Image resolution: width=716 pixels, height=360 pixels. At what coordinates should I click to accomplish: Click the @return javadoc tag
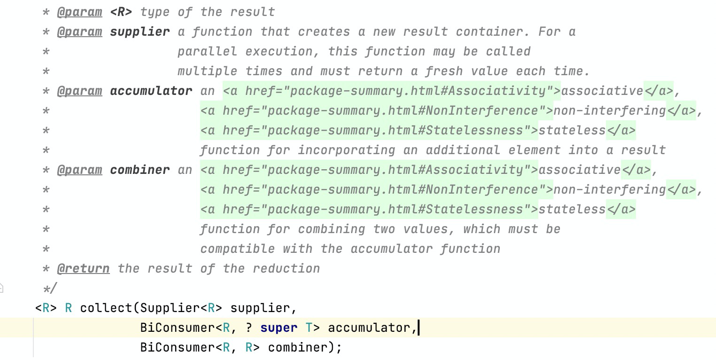coord(83,268)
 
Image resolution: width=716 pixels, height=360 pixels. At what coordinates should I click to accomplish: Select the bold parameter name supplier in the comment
coord(140,31)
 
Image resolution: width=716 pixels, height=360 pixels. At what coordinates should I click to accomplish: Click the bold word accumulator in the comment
coord(151,91)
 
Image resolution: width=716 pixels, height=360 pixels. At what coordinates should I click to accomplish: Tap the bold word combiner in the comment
coord(140,170)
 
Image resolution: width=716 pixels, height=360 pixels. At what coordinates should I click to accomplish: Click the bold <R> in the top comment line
coord(121,12)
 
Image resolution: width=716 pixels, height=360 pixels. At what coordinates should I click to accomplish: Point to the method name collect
coord(106,308)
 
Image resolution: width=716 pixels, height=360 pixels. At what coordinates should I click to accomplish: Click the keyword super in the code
coord(279,328)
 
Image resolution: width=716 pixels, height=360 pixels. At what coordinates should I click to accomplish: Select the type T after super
coord(309,328)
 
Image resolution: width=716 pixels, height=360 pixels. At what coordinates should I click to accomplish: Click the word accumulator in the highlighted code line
coord(369,328)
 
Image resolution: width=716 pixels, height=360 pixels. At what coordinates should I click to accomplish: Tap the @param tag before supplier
coord(79,31)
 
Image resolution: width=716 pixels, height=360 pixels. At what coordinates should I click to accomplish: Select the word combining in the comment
coord(331,229)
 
